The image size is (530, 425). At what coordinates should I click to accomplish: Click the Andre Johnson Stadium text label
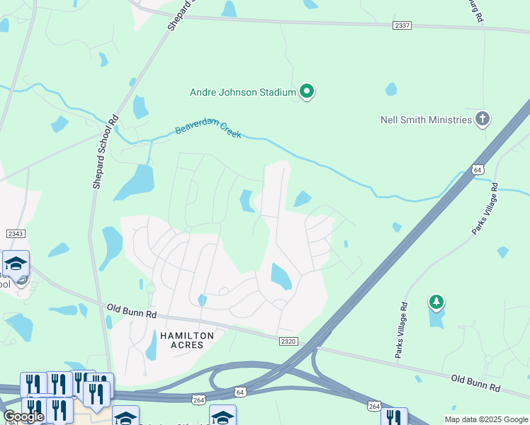click(242, 92)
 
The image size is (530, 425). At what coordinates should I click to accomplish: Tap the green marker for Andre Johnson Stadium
click(307, 91)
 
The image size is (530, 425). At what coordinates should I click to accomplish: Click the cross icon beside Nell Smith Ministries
click(483, 118)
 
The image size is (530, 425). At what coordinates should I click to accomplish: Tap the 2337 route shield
click(402, 25)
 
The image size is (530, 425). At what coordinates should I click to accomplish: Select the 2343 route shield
click(15, 234)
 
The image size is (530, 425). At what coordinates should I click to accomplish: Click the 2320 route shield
click(288, 341)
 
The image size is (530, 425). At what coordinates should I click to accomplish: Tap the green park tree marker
click(436, 302)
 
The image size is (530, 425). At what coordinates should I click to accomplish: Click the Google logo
click(23, 416)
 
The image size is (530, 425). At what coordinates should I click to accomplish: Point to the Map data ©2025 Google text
click(486, 419)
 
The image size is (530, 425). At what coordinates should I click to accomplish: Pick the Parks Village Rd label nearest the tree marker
click(402, 329)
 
